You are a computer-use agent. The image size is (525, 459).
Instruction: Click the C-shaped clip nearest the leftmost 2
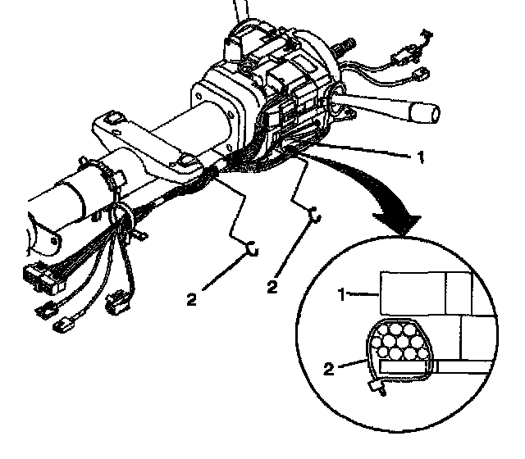pyautogui.click(x=253, y=247)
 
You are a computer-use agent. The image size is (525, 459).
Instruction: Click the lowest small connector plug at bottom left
pyautogui.click(x=64, y=327)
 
